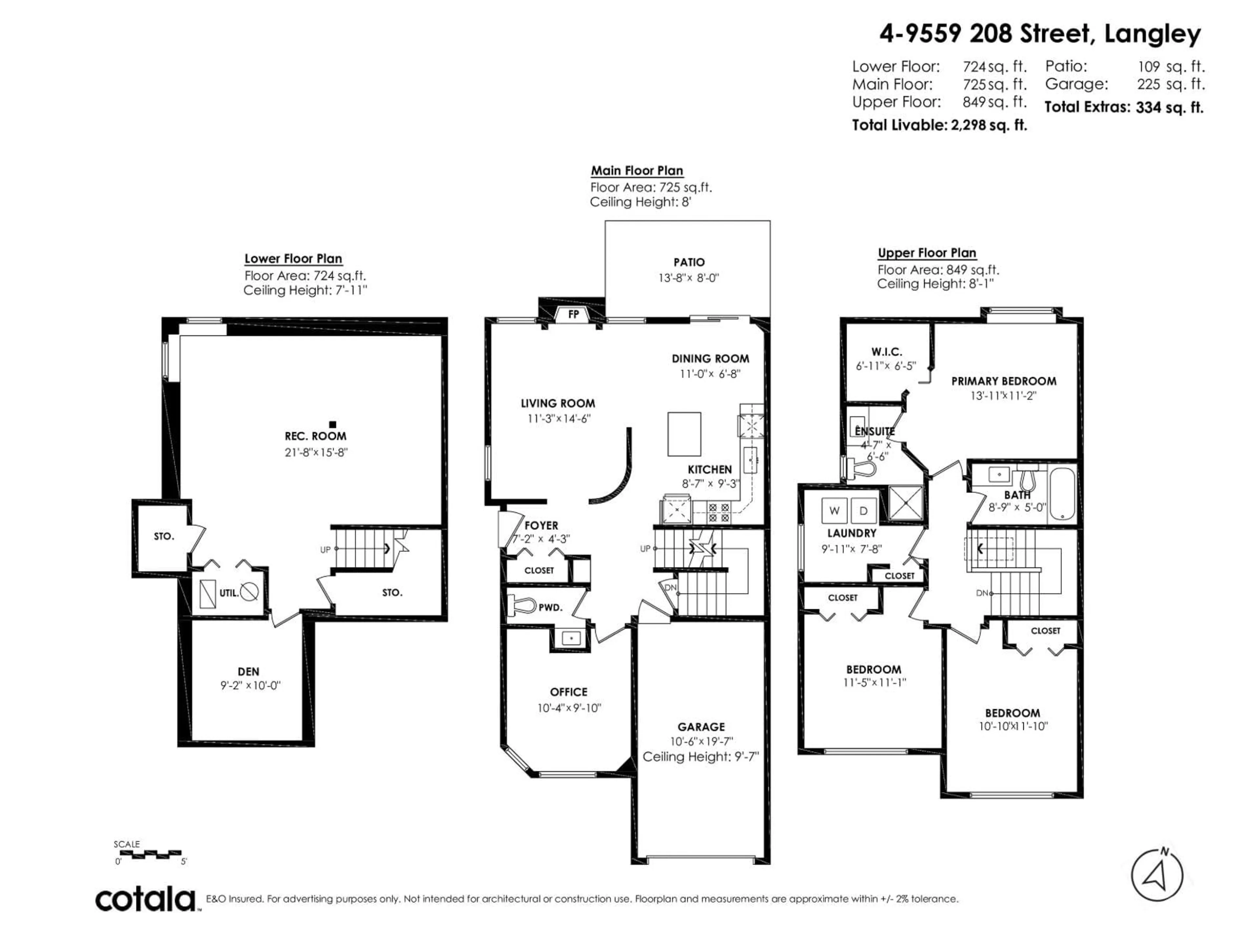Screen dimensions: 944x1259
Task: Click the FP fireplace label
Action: [573, 314]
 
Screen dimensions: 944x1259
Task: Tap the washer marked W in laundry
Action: [834, 510]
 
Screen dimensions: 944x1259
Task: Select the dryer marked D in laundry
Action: [863, 510]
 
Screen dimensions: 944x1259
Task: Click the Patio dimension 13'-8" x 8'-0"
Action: [689, 278]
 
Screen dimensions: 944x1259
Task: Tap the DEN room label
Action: [249, 671]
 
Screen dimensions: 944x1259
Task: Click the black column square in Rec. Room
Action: [333, 424]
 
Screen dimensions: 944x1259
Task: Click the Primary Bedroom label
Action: [1004, 381]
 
